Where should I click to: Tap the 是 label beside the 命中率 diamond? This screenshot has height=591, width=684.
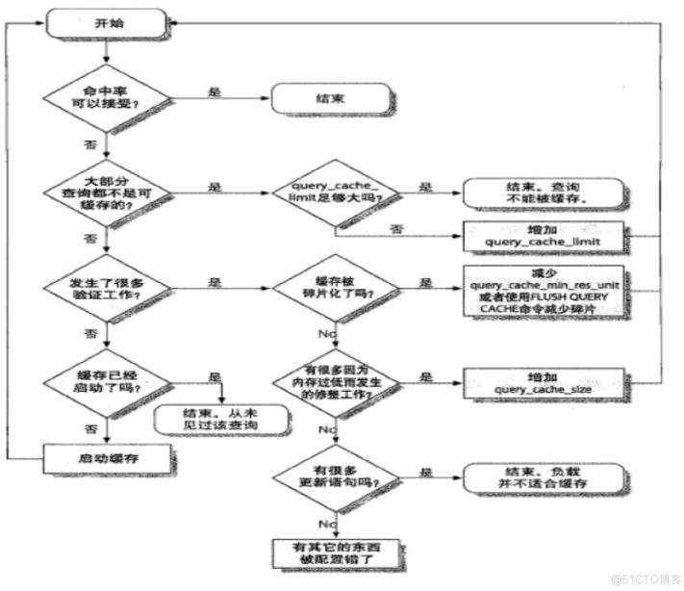(215, 92)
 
